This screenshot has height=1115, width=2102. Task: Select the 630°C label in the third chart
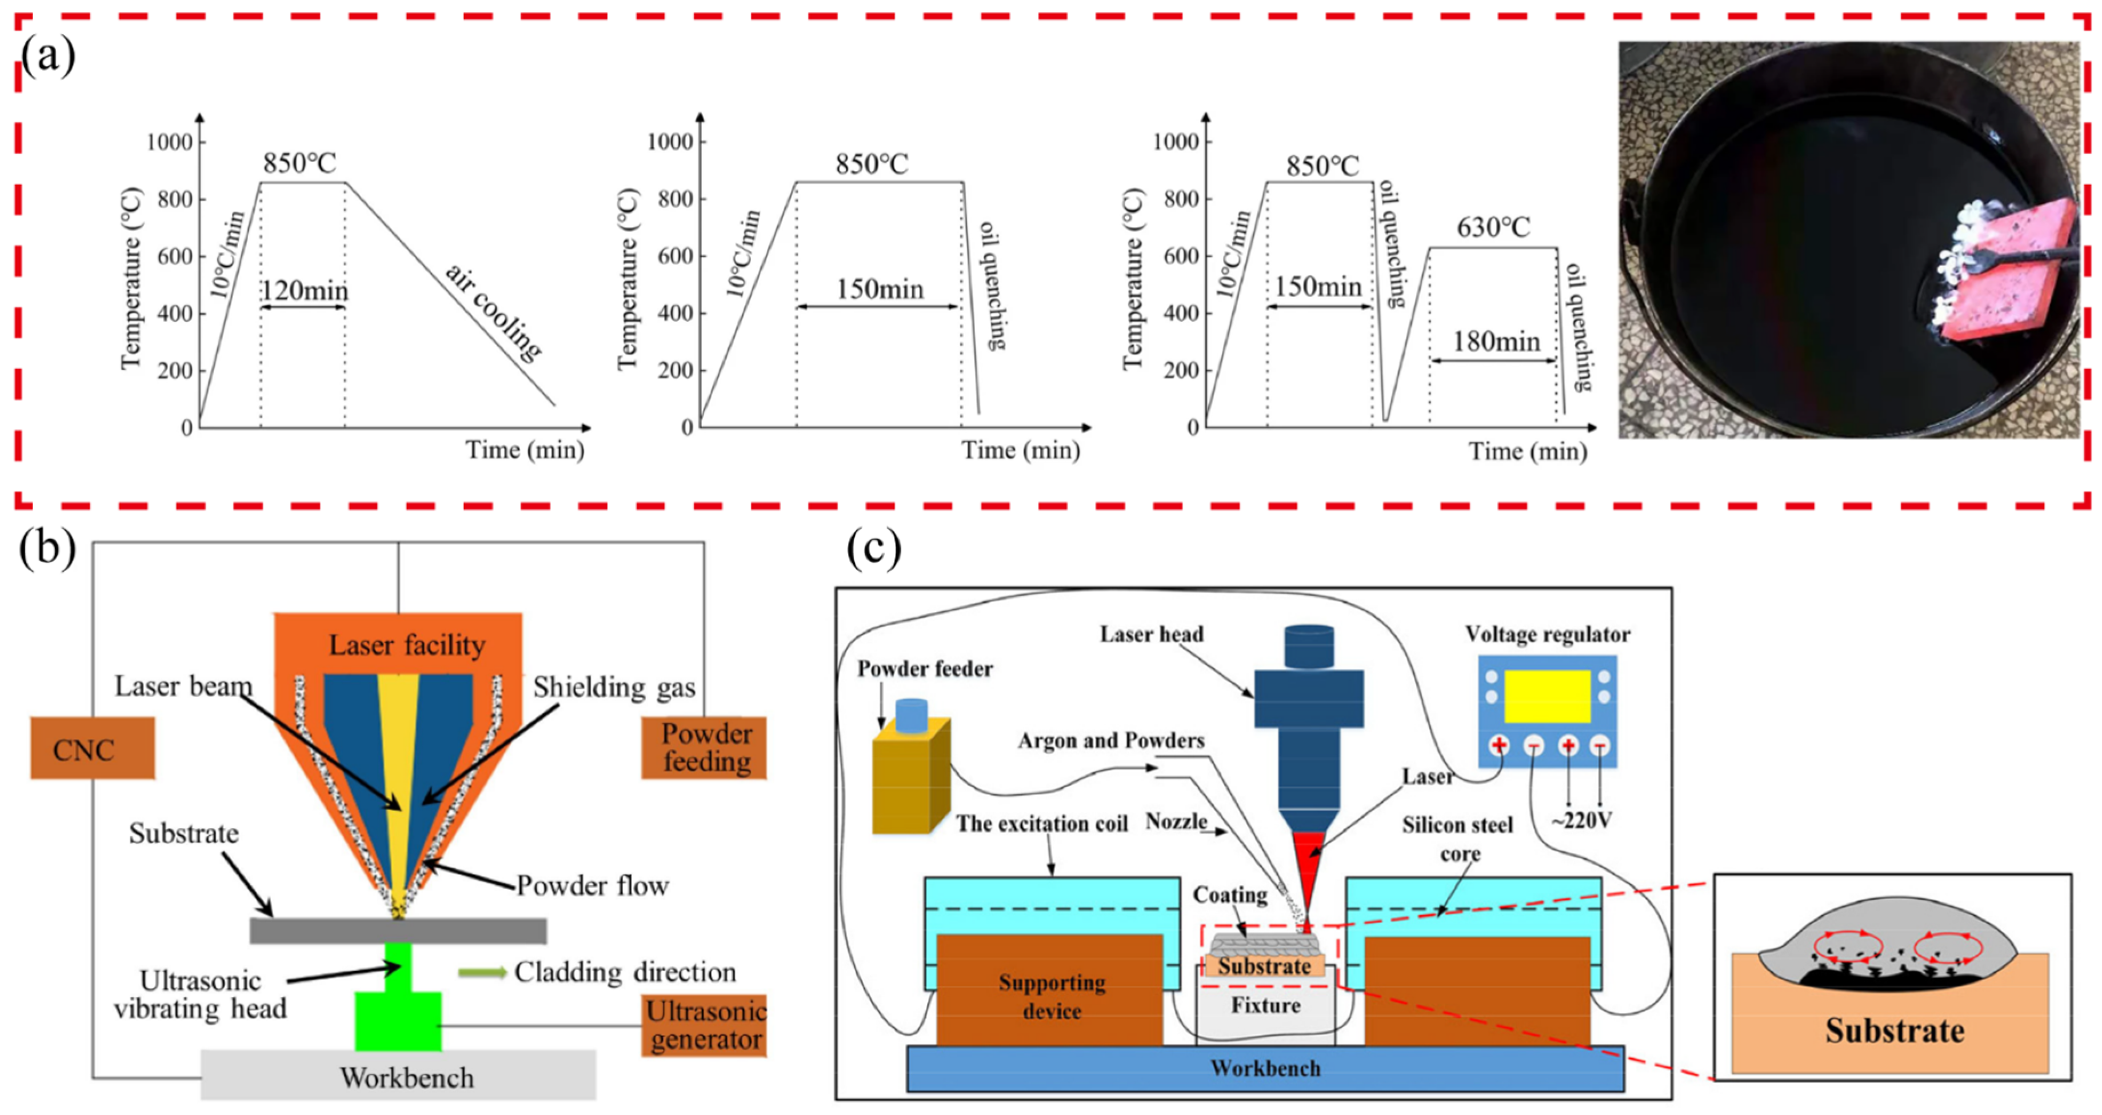tap(1493, 227)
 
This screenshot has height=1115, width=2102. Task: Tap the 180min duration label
tap(1496, 341)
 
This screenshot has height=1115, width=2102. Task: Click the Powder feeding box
tap(705, 747)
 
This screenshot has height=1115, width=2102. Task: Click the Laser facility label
tap(406, 645)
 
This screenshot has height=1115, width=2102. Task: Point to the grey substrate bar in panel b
tap(398, 930)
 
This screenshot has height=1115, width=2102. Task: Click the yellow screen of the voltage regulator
tap(1546, 696)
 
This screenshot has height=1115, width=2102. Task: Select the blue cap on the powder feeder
tap(910, 715)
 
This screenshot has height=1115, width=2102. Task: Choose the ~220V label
tap(1581, 821)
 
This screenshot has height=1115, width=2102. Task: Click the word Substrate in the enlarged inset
tap(1894, 1031)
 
